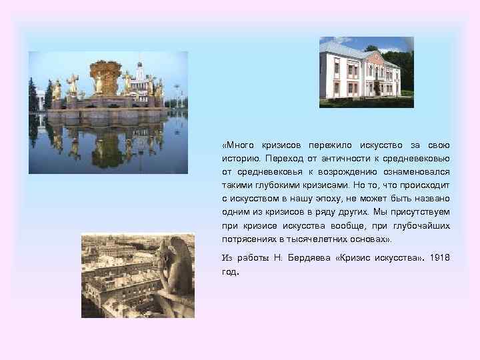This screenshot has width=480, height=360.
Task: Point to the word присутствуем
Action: (x=417, y=212)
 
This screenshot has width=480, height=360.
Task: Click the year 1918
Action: (x=441, y=257)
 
